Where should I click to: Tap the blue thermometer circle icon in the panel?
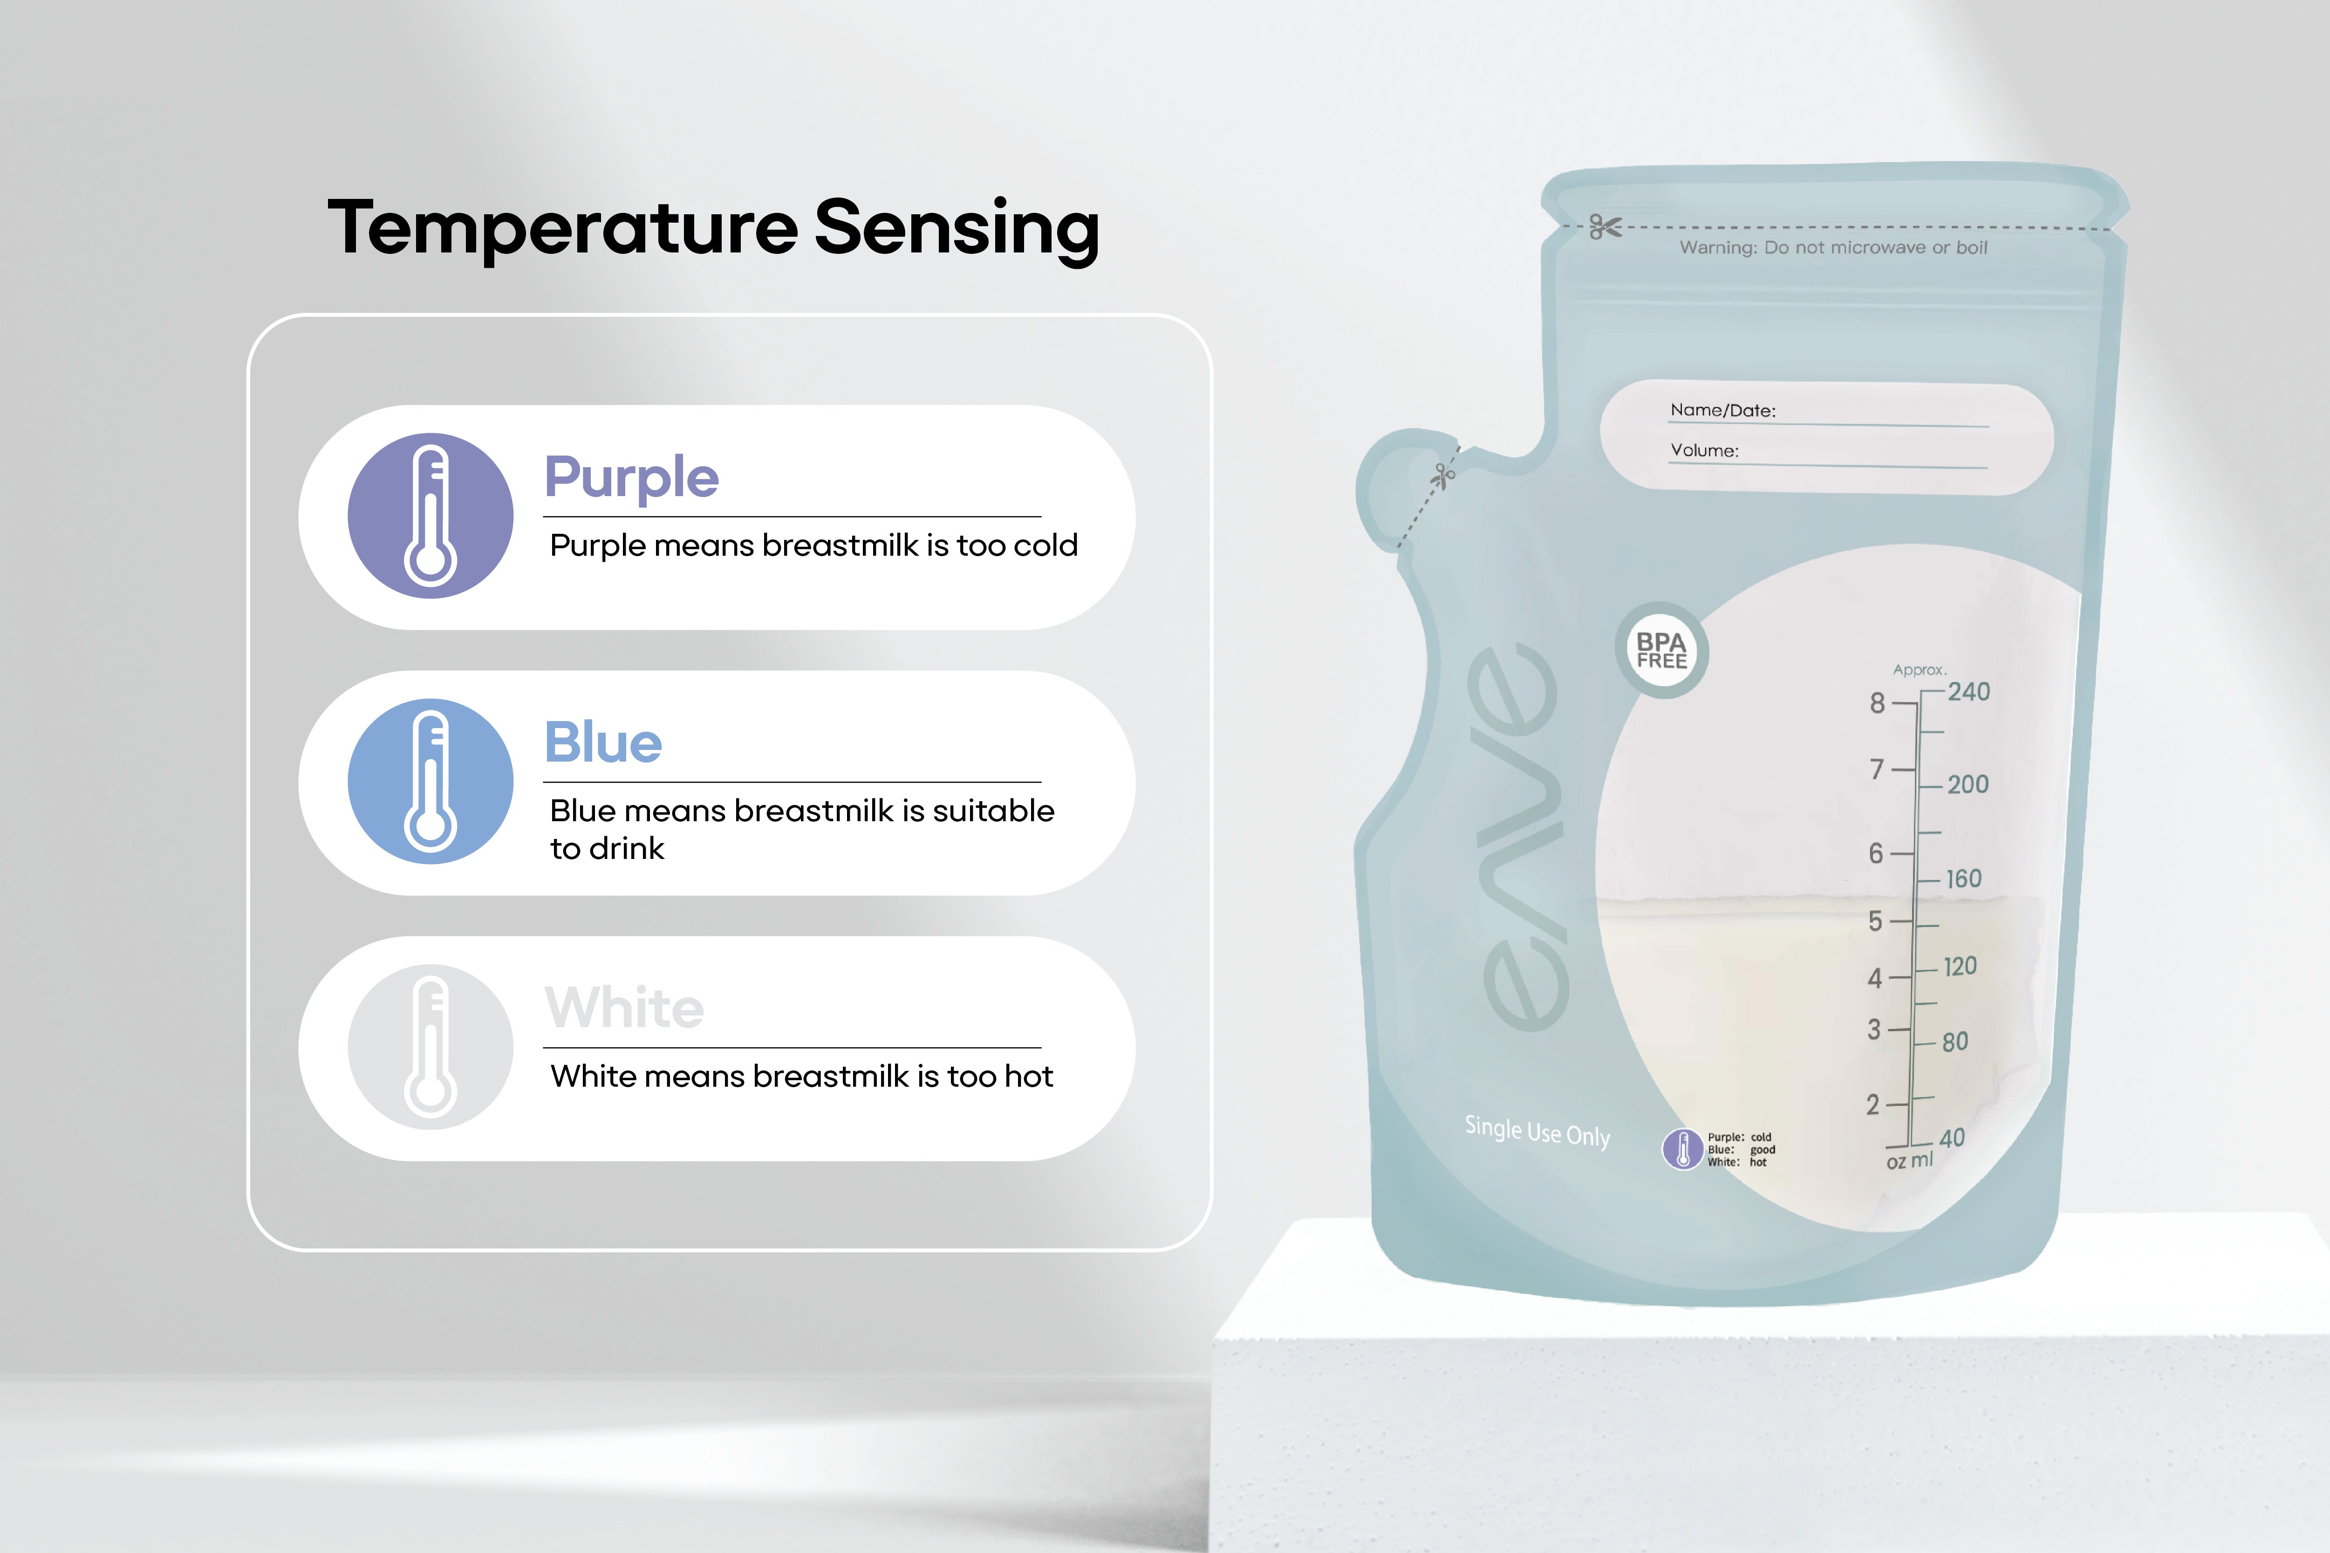[430, 782]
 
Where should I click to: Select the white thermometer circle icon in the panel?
[430, 1047]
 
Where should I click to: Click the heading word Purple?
[631, 478]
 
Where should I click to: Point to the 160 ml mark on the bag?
[1963, 879]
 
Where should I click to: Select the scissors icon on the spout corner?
[1443, 477]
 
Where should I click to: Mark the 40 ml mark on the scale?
[1952, 1138]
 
